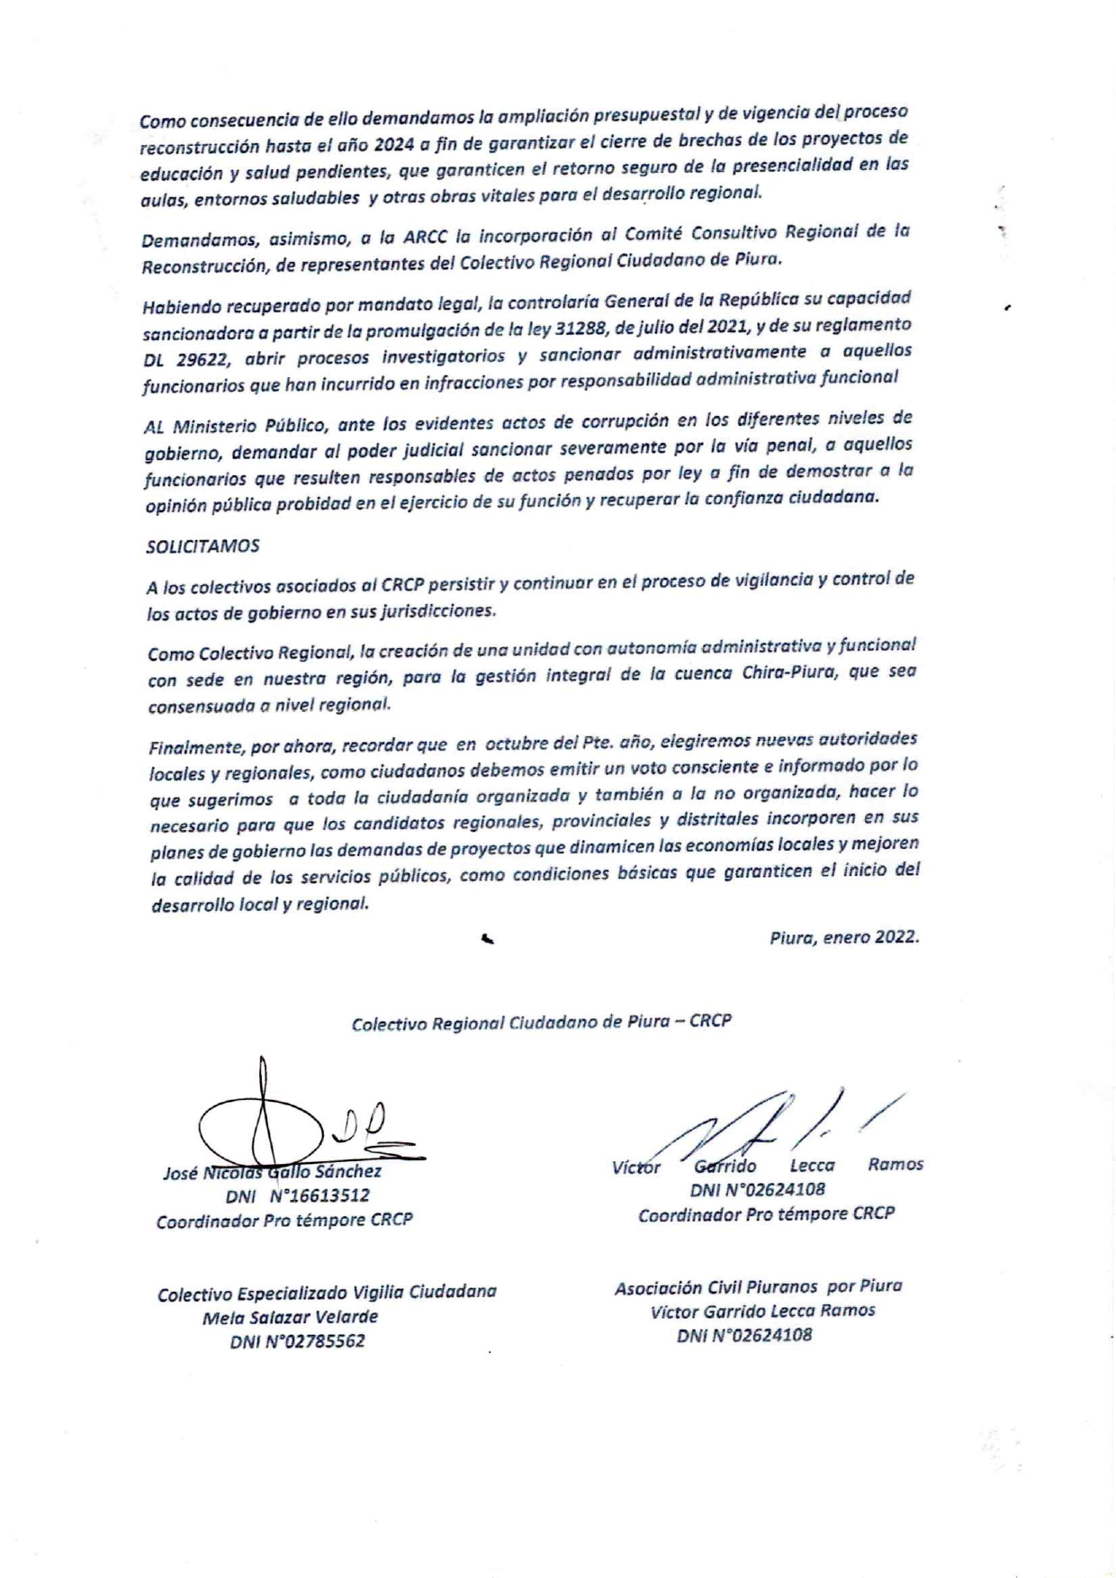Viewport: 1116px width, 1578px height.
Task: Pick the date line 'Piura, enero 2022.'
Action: click(843, 937)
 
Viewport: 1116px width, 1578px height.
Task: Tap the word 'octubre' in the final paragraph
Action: click(517, 744)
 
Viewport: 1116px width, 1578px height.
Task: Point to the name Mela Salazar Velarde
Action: click(290, 1317)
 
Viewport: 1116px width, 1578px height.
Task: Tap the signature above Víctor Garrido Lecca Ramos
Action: click(774, 1125)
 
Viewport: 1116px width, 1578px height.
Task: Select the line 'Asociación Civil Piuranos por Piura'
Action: click(758, 1286)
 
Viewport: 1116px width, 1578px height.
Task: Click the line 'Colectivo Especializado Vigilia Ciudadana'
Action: click(327, 1293)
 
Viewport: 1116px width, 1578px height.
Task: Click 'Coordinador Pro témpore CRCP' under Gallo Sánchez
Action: click(284, 1221)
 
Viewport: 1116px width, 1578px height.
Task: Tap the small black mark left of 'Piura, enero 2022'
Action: click(487, 940)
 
